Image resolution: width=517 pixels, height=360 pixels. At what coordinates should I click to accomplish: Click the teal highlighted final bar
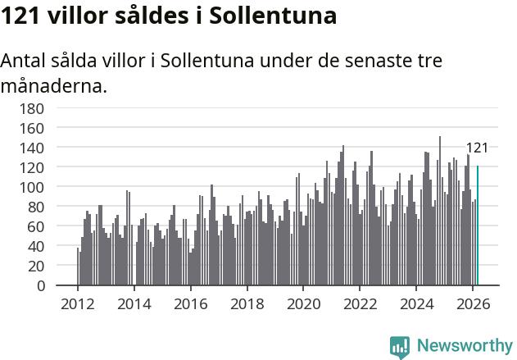click(478, 226)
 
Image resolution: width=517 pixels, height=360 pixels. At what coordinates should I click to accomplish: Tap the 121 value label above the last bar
click(477, 148)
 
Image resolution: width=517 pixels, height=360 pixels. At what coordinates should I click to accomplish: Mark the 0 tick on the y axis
click(61, 285)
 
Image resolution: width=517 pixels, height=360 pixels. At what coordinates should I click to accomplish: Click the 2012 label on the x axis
click(78, 303)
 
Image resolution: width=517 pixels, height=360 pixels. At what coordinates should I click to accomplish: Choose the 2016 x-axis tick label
click(190, 303)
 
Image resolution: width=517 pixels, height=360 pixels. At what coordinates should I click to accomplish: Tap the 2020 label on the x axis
click(303, 303)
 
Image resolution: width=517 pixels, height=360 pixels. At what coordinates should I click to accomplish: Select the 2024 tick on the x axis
click(415, 303)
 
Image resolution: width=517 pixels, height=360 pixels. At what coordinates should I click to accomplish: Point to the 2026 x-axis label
click(472, 303)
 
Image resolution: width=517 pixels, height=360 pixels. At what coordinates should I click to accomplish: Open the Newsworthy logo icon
click(400, 347)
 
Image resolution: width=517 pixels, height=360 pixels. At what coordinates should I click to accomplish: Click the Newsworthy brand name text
click(465, 347)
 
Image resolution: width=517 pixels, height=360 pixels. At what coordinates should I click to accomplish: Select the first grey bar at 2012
click(78, 267)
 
